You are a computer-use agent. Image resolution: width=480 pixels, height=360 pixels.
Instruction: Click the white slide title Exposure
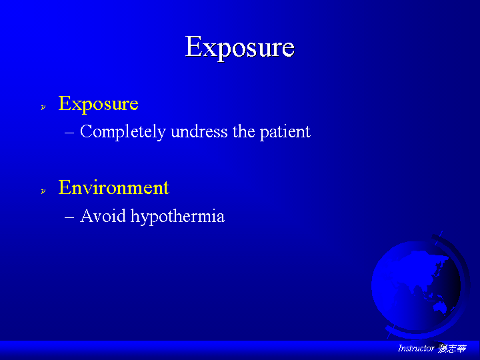tap(240, 47)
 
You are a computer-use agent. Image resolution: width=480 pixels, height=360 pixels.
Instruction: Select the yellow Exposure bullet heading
tap(98, 104)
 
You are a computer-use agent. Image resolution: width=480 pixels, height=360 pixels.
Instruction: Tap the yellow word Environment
tap(113, 187)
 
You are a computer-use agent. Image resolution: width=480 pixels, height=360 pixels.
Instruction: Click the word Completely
tap(123, 132)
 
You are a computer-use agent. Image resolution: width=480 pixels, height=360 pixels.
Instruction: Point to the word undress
tap(199, 131)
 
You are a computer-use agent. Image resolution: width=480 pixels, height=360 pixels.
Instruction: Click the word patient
tap(285, 132)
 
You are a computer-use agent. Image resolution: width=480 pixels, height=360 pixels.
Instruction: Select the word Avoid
tap(103, 216)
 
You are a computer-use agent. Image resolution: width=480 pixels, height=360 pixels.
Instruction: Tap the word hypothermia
tap(177, 217)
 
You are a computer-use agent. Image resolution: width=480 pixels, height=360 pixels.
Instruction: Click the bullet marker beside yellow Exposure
tap(43, 107)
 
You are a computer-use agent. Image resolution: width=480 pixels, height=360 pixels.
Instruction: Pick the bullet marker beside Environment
tap(43, 191)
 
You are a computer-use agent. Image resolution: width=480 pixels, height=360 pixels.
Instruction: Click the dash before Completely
tap(69, 133)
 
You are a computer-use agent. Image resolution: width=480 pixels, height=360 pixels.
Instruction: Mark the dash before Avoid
tap(69, 217)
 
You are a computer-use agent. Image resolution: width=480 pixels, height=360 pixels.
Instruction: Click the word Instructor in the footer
tap(416, 348)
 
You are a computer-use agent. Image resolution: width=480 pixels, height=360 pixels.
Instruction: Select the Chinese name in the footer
tap(452, 349)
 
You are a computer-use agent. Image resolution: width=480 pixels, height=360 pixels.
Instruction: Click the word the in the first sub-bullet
tap(244, 131)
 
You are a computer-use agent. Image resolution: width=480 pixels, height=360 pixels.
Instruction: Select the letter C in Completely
tap(86, 131)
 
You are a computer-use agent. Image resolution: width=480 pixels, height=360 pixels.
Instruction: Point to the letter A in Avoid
tap(86, 216)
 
